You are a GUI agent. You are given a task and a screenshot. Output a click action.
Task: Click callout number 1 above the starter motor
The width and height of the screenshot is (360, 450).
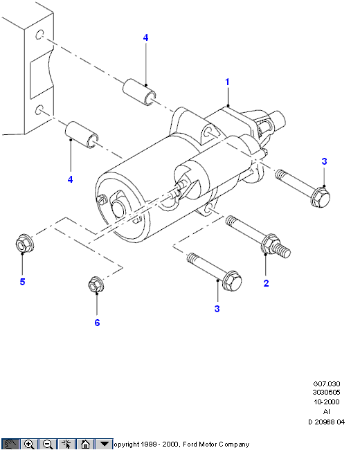click(x=227, y=82)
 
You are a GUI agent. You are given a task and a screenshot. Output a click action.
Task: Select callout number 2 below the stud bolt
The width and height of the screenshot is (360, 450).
click(x=266, y=283)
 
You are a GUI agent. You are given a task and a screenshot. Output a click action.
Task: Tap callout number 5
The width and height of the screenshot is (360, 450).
click(x=22, y=282)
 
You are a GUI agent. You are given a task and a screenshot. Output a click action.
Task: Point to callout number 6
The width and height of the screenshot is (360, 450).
click(x=97, y=323)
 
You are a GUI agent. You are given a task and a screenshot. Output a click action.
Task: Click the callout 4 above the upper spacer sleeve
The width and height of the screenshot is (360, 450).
click(x=145, y=37)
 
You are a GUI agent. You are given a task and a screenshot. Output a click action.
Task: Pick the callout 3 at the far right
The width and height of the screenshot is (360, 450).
click(x=324, y=161)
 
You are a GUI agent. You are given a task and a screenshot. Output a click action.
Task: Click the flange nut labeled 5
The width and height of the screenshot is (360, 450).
click(x=24, y=244)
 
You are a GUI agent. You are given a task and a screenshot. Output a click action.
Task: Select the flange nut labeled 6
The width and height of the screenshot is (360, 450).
click(x=96, y=285)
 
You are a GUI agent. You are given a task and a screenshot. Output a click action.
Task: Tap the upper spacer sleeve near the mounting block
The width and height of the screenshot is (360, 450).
click(x=140, y=92)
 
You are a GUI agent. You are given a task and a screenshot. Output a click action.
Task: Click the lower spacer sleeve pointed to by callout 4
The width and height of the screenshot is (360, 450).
click(x=82, y=134)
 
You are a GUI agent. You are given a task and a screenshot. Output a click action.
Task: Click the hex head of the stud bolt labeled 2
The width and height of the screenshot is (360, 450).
click(x=270, y=244)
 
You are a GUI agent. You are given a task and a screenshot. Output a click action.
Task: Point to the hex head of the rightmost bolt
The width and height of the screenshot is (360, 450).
click(x=321, y=197)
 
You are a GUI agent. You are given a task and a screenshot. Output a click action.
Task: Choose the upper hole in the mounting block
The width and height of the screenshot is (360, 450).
click(x=39, y=35)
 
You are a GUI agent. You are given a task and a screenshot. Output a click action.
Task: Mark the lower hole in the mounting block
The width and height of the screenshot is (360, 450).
click(x=39, y=109)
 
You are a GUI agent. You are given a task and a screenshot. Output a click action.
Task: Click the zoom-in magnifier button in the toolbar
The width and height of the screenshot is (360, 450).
click(x=29, y=444)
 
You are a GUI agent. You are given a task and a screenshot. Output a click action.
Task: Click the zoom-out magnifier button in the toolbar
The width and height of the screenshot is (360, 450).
click(x=48, y=444)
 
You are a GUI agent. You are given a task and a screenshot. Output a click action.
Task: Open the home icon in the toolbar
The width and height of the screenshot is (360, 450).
click(x=85, y=444)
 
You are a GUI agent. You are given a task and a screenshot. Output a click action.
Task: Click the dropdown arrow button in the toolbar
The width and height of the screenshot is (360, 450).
click(x=104, y=444)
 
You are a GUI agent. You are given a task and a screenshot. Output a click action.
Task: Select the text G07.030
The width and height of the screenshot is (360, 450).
click(x=326, y=384)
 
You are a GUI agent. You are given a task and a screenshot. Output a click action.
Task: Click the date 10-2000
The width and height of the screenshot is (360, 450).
click(x=326, y=402)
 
